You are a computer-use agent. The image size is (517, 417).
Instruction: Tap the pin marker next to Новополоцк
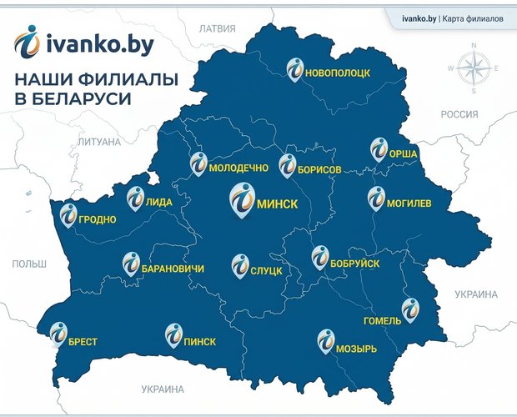295,69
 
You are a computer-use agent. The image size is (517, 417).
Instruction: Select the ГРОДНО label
98,221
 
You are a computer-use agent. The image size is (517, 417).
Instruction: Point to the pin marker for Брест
58,334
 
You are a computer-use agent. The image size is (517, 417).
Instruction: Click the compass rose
473,68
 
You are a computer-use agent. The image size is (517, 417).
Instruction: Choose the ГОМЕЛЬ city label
382,321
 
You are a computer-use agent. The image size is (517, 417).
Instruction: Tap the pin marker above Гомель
409,308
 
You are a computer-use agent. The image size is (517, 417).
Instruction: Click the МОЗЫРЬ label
357,348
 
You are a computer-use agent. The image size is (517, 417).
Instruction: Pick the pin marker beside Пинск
173,334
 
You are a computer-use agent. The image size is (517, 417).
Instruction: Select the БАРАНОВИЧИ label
173,269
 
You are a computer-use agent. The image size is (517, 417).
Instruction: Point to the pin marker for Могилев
376,198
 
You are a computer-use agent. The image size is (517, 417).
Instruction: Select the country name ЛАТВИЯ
218,28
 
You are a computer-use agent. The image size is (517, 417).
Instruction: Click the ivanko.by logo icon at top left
28,43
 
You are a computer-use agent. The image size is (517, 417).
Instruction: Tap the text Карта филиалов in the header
472,18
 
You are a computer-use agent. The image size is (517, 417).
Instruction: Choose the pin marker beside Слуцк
238,266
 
